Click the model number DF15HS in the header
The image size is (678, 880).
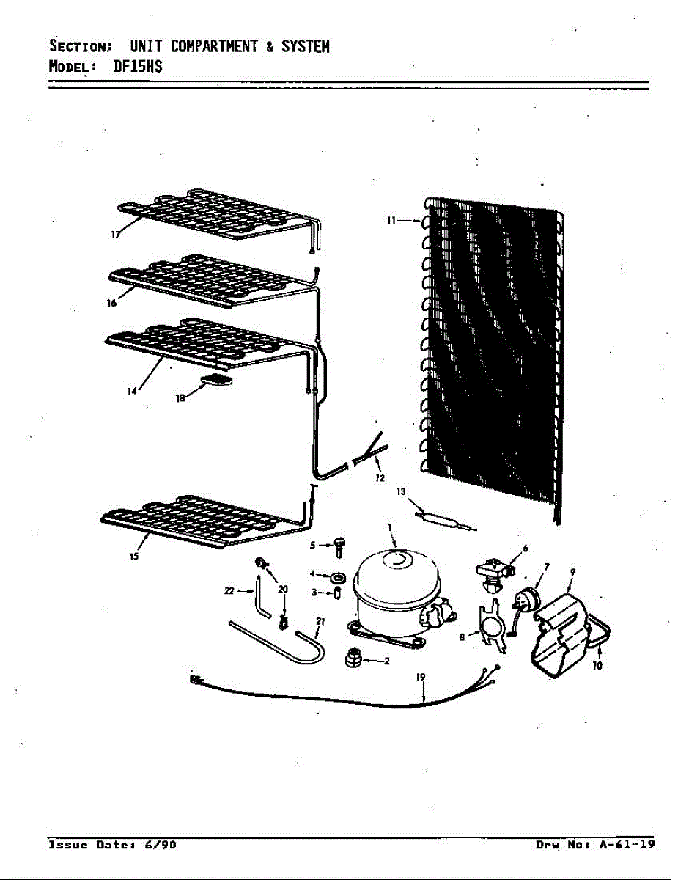coord(138,65)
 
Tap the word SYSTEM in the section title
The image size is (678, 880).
coord(305,46)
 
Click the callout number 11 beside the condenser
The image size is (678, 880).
coord(391,220)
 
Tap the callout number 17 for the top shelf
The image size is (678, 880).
coord(116,235)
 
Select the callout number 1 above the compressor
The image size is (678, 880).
coord(389,527)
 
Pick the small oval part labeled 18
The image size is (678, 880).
coord(217,380)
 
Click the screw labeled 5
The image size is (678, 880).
coord(339,547)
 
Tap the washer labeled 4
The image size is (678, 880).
coord(339,577)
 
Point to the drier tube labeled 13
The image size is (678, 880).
coord(445,521)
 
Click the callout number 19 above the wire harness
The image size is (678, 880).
coord(421,676)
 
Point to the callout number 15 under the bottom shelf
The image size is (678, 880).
coord(134,556)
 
